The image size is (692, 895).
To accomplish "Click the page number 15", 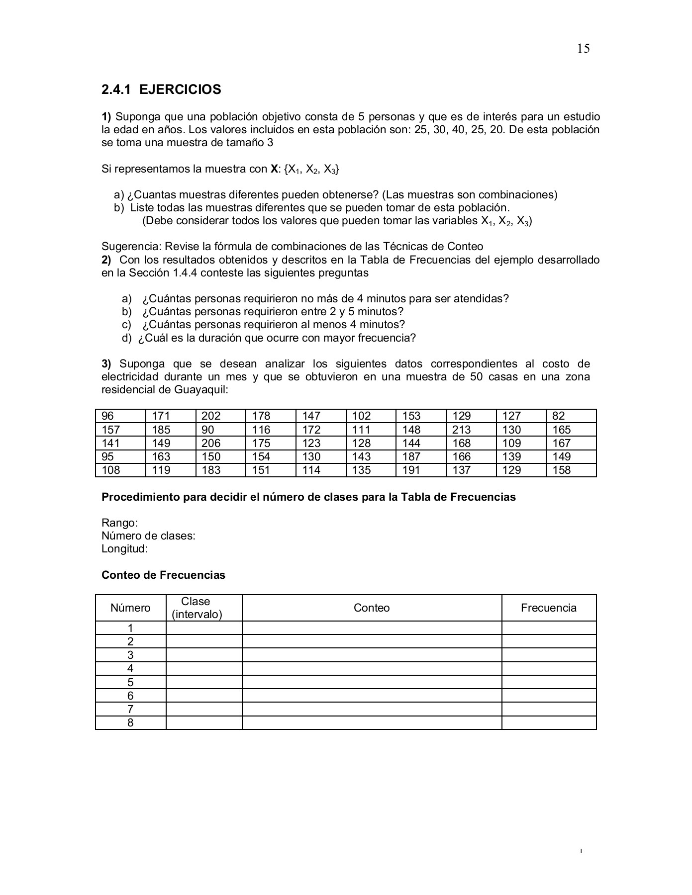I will pyautogui.click(x=583, y=48).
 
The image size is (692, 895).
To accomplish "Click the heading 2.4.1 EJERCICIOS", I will pyautogui.click(x=161, y=89).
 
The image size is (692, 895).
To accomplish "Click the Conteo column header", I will pyautogui.click(x=372, y=608).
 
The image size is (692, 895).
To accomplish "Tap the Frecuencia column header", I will pyautogui.click(x=548, y=608).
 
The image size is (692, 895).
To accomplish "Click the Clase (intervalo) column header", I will pyautogui.click(x=197, y=608).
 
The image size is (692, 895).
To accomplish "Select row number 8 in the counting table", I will pyautogui.click(x=130, y=722).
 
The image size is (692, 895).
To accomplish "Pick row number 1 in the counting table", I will pyautogui.click(x=130, y=628).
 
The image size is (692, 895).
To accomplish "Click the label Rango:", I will pyautogui.click(x=119, y=523).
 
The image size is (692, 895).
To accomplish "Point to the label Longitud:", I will pyautogui.click(x=125, y=549).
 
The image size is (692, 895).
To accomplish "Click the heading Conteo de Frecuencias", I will pyautogui.click(x=163, y=575).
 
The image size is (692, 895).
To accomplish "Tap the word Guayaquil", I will pyautogui.click(x=201, y=390).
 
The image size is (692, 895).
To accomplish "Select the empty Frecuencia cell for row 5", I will pyautogui.click(x=548, y=682).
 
